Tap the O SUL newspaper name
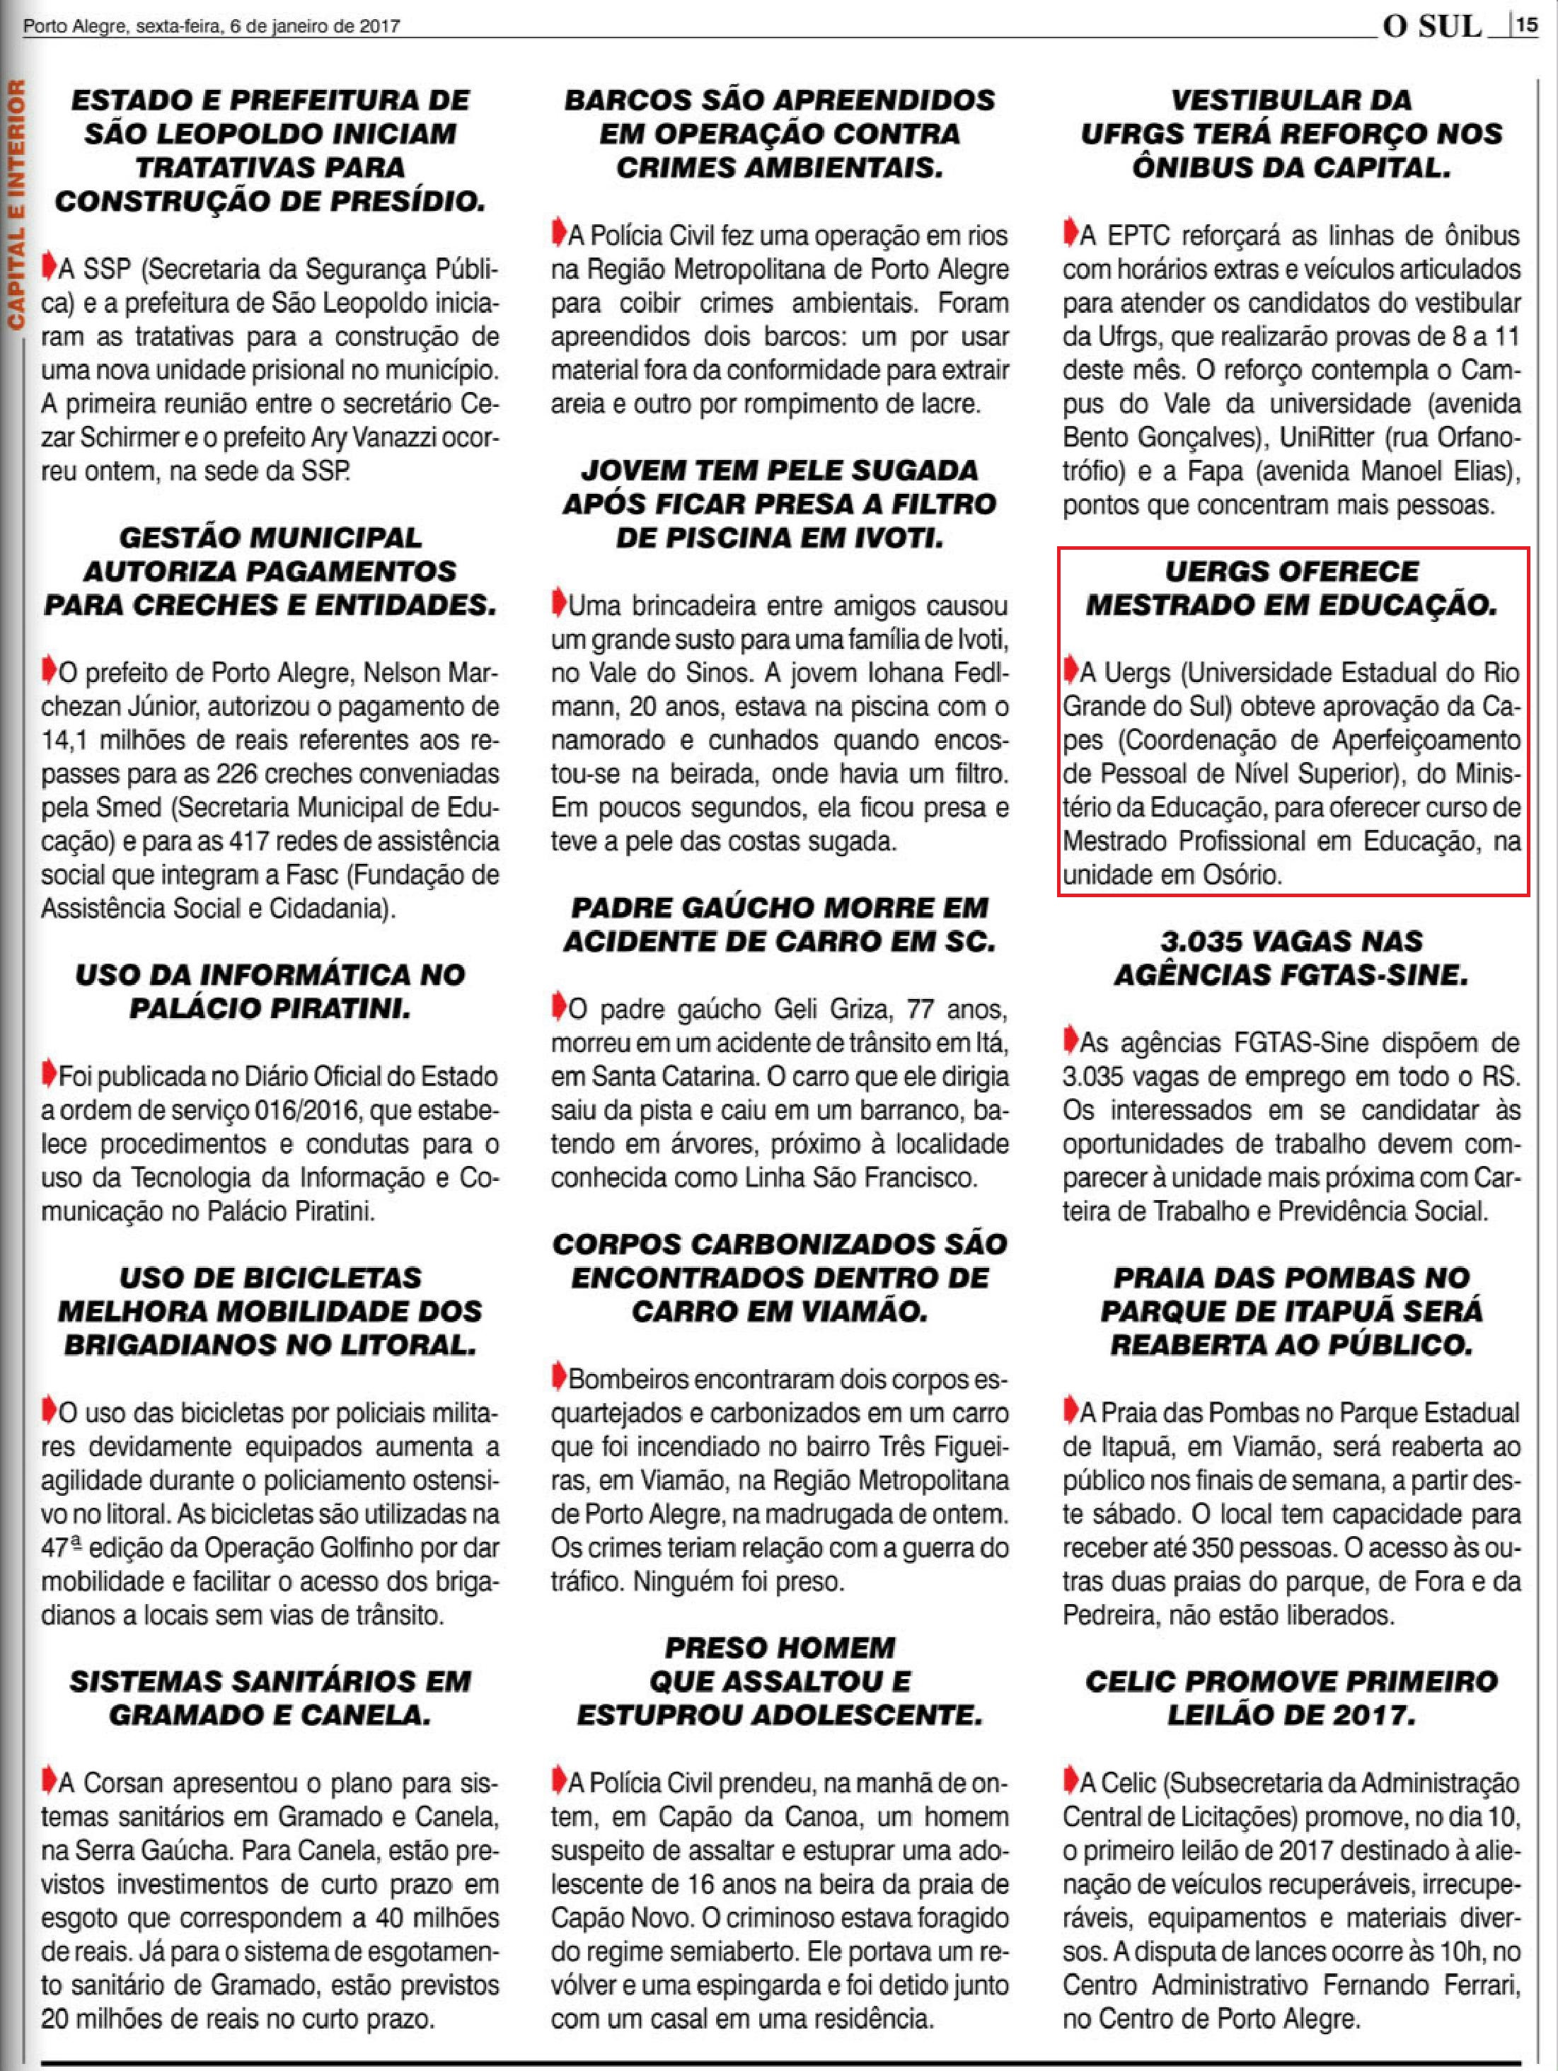click(1433, 27)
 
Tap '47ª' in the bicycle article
click(64, 1549)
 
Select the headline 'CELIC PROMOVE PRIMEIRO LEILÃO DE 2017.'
click(1292, 1697)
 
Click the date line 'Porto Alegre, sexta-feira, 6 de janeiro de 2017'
click(212, 26)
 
